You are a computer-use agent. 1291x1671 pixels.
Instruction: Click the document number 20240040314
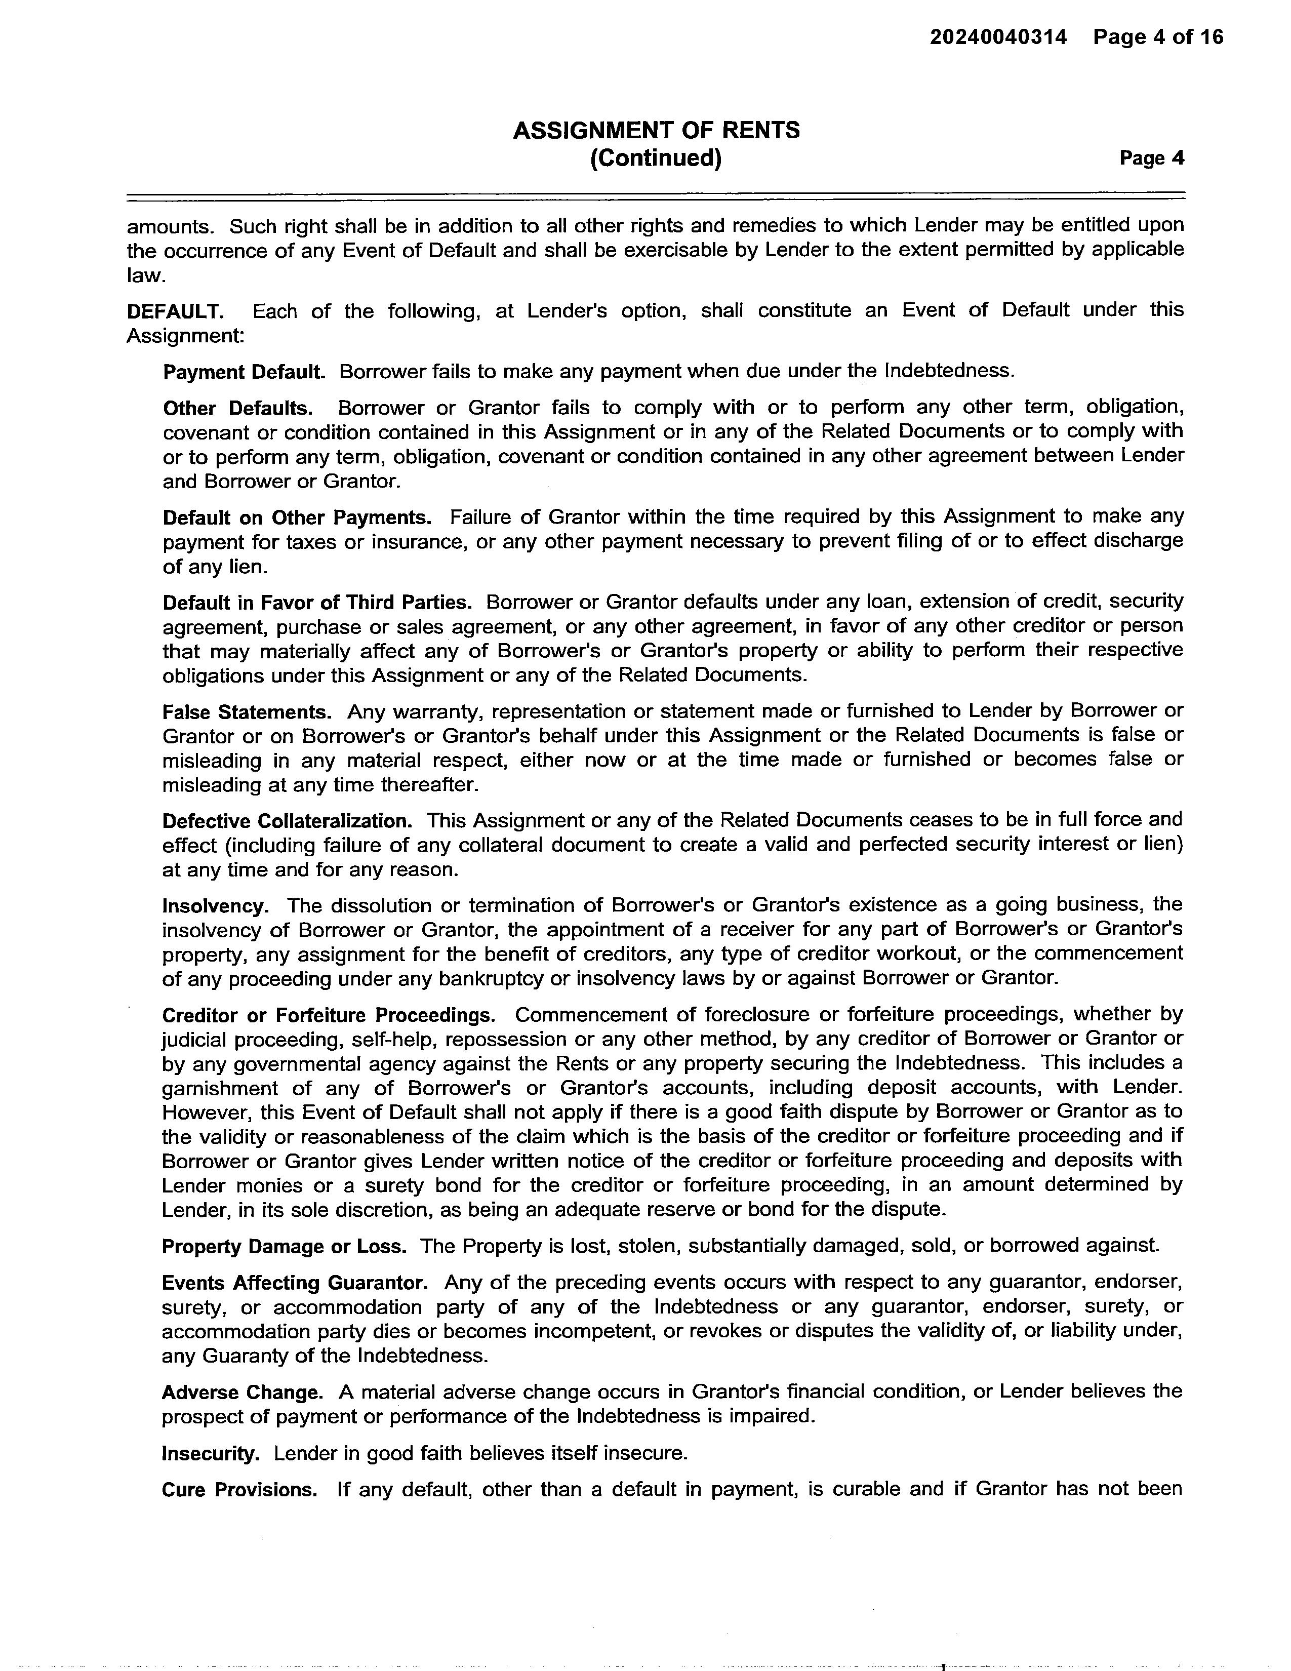coord(998,37)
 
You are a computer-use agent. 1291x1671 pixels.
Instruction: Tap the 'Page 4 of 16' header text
coord(1158,37)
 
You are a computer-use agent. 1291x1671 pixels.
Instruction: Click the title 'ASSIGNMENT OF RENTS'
coord(656,131)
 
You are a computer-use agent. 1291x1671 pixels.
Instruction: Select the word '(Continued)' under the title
coord(656,158)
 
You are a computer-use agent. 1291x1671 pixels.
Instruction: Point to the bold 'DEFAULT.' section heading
coord(175,311)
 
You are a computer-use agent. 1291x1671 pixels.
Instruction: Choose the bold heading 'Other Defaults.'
coord(238,409)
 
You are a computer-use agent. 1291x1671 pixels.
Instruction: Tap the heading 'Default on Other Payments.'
coord(297,518)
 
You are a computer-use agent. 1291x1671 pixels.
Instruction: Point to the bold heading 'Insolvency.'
coord(215,907)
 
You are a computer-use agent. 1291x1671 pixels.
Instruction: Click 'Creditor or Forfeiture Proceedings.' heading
coord(328,1016)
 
